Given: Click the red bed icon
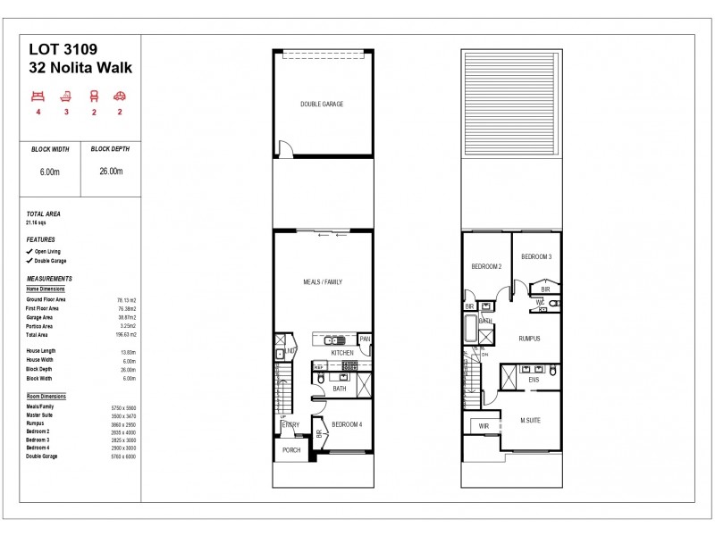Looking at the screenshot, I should (x=38, y=96).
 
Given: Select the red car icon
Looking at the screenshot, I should (x=119, y=96).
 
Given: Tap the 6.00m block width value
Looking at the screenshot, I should (x=49, y=172).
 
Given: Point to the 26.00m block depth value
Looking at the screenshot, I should (x=112, y=172).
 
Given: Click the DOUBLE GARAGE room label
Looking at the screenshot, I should (x=322, y=104).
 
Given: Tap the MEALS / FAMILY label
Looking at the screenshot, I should (x=322, y=281).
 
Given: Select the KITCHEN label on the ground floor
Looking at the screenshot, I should (x=342, y=353).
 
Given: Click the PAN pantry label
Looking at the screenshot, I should (x=364, y=339).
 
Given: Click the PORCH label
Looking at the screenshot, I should (x=291, y=450).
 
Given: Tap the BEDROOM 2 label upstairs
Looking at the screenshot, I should (x=486, y=267).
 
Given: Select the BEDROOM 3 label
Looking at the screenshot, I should (x=536, y=256).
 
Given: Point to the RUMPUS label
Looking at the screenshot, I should (x=531, y=339).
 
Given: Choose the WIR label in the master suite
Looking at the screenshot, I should (x=484, y=426).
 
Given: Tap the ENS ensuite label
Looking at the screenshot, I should (x=534, y=381).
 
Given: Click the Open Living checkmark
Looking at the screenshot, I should (x=30, y=252).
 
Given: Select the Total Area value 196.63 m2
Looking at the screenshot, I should (x=126, y=334).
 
